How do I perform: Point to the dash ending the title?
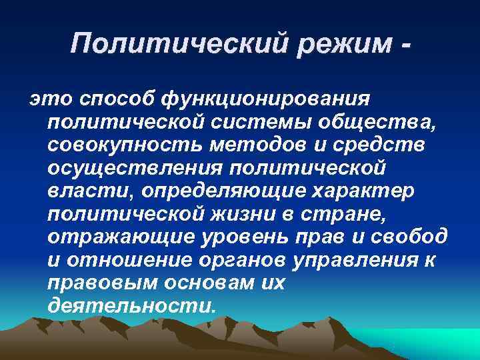pyautogui.click(x=403, y=45)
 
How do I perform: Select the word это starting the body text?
pyautogui.click(x=44, y=99)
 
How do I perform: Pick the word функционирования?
pyautogui.click(x=265, y=99)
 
